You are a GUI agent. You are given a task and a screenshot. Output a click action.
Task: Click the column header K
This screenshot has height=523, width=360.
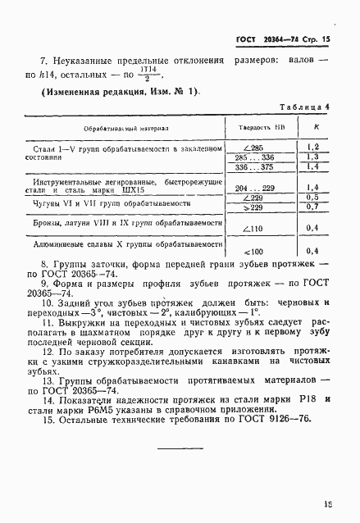[x=317, y=128]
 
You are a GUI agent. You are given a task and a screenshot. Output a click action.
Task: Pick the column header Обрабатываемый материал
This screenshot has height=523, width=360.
[x=126, y=129]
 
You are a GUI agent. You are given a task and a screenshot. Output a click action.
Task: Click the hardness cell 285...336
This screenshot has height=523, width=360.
[x=256, y=157]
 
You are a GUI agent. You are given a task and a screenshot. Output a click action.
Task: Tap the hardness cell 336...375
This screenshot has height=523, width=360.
[x=256, y=166]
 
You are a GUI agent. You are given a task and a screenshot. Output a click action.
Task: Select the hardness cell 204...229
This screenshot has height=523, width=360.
[x=256, y=188]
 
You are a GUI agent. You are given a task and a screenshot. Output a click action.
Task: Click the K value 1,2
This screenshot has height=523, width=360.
[x=312, y=147]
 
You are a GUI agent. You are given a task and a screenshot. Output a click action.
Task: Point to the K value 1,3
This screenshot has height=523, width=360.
[x=312, y=157]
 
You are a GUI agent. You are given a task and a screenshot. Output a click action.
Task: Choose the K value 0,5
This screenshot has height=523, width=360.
[x=312, y=198]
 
